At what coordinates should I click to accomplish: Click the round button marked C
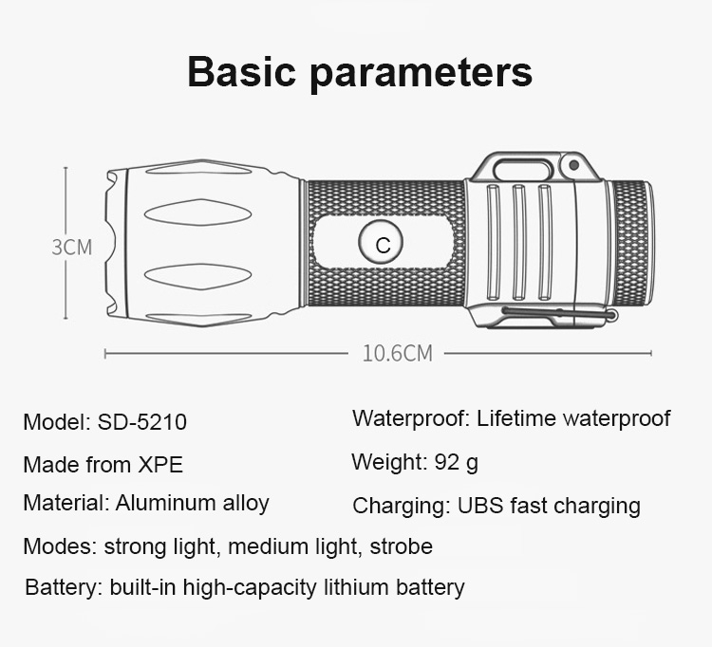point(381,242)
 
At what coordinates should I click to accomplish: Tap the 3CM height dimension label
point(72,248)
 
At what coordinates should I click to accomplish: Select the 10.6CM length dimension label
point(398,353)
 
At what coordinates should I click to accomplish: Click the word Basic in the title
point(241,72)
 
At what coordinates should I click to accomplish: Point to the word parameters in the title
point(422,74)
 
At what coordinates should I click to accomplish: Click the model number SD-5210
point(142,421)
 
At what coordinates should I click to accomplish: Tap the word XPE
point(160,465)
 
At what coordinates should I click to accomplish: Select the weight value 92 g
point(457,463)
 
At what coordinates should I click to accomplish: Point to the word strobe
point(401,546)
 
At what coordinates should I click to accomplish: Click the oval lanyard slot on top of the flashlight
point(522,170)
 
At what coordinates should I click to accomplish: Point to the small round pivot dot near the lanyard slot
point(573,165)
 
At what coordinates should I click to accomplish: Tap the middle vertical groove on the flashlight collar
point(519,242)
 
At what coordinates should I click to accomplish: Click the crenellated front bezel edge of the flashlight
point(112,243)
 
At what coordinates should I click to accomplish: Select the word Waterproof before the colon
point(407,418)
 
